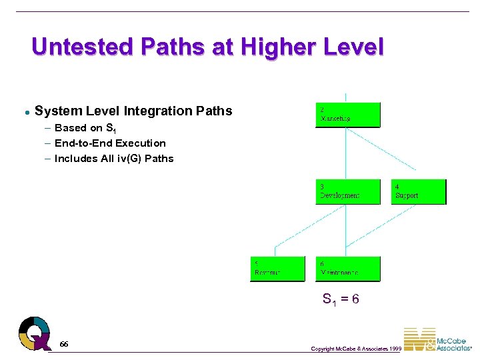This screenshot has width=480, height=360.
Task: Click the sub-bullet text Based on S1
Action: tap(85, 128)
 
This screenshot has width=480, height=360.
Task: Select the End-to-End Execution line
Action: tap(110, 143)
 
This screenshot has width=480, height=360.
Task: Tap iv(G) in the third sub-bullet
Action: tap(128, 158)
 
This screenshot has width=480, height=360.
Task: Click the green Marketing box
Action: tap(347, 115)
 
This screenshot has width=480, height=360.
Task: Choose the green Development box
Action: tap(347, 191)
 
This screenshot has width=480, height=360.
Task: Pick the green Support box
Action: tap(418, 191)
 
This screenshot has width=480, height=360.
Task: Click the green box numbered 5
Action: tap(277, 269)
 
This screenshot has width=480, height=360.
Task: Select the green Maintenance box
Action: tap(347, 269)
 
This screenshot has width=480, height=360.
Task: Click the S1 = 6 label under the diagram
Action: tap(341, 299)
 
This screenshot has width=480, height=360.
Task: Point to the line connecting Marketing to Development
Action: tap(345, 153)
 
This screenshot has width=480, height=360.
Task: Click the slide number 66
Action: tap(63, 343)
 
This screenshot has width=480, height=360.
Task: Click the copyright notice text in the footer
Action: tap(356, 349)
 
